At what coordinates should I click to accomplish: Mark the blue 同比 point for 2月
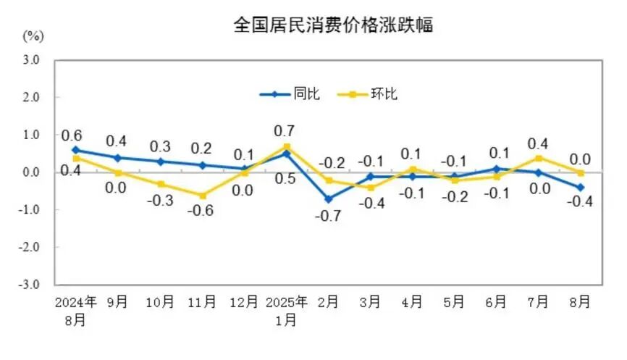[329, 198]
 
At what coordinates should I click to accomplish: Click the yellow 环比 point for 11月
[203, 196]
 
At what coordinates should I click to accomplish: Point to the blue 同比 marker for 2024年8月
[76, 150]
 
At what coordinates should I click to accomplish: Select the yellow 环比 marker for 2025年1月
[287, 146]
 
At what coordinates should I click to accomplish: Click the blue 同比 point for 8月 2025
[581, 187]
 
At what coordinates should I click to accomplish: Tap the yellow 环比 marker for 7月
[539, 158]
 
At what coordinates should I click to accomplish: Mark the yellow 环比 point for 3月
[371, 188]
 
